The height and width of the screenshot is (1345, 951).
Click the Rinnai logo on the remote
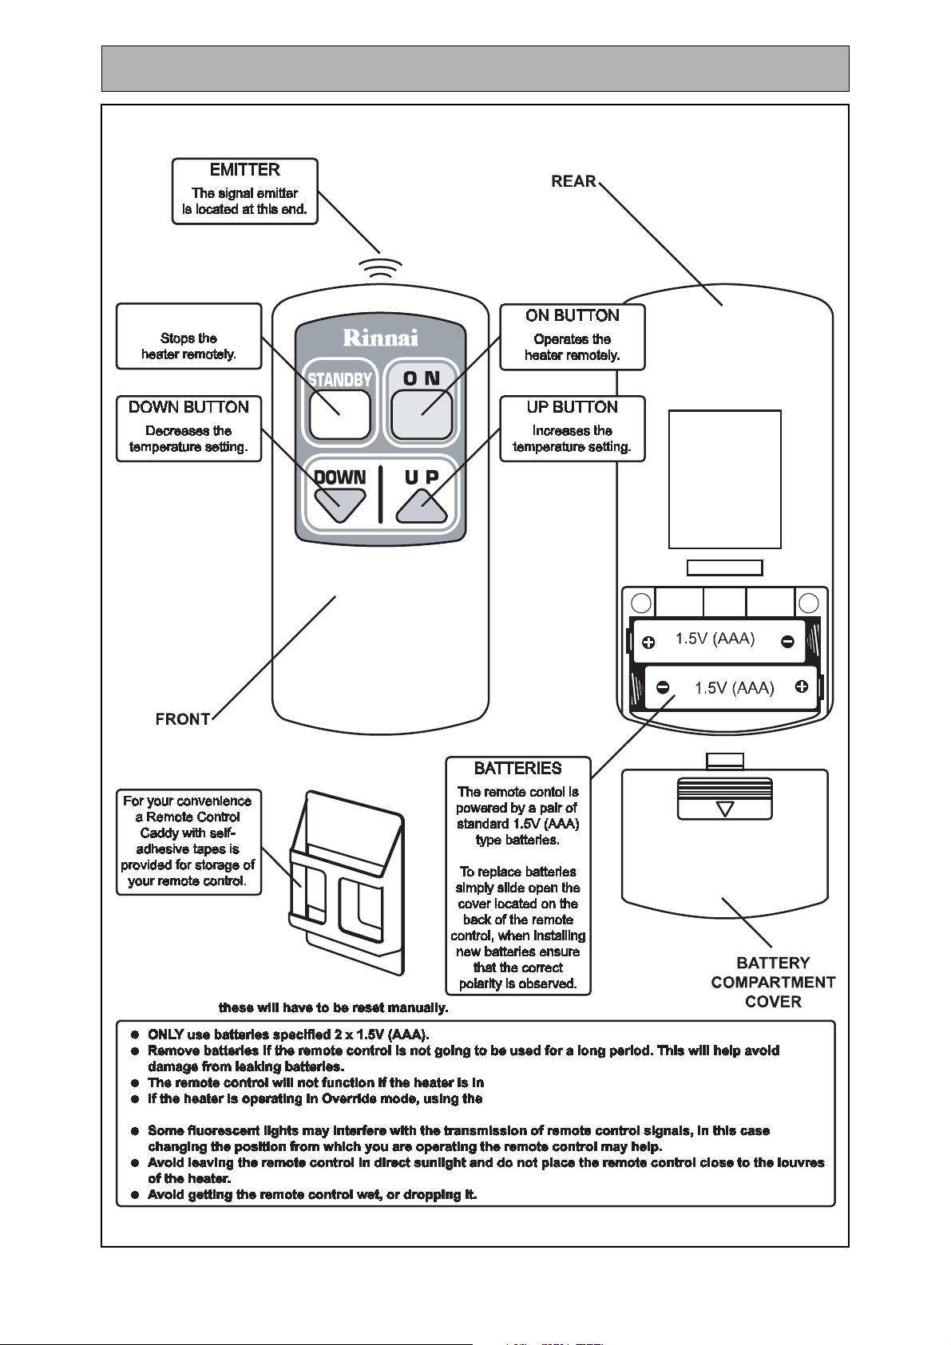tap(380, 338)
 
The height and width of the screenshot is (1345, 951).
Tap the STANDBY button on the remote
tap(339, 414)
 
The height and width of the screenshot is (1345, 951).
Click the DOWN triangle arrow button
tap(340, 505)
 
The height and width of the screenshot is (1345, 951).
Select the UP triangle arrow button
tap(422, 505)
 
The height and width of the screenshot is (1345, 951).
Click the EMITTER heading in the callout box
tap(244, 170)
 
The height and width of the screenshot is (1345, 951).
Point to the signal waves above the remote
tap(380, 267)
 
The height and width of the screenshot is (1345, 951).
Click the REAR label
tap(574, 181)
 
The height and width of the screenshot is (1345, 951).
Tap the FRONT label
tap(183, 719)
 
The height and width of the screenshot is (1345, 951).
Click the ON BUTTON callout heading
tap(572, 316)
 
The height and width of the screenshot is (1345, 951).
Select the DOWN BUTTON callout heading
tap(188, 407)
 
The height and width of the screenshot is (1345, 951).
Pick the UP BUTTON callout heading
tap(572, 407)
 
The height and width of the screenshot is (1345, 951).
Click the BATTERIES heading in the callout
tap(518, 769)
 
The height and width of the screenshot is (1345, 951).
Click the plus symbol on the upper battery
tap(648, 643)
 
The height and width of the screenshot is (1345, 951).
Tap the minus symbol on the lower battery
tap(663, 687)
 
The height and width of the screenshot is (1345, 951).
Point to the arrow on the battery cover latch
tap(725, 809)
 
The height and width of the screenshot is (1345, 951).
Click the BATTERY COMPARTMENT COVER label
tap(773, 983)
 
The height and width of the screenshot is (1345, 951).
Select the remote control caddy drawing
tap(347, 882)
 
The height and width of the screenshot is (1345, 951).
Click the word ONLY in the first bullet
tap(166, 1034)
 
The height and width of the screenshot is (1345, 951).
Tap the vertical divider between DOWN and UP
tap(380, 493)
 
